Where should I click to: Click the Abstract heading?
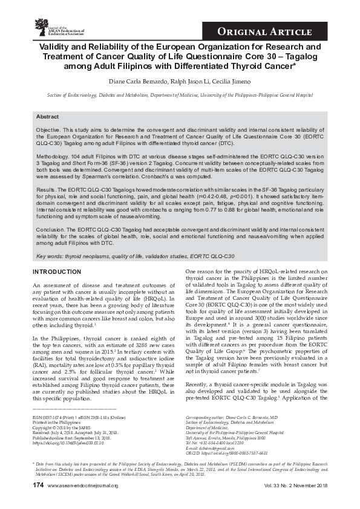click(48, 116)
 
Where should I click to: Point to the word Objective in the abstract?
click(48, 130)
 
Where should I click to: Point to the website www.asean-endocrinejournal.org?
click(83, 502)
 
